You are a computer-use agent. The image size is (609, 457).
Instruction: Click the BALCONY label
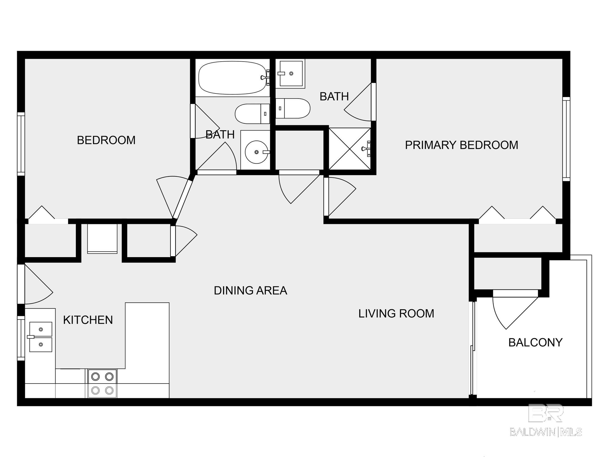(x=535, y=342)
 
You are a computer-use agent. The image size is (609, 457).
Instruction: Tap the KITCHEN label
(x=88, y=320)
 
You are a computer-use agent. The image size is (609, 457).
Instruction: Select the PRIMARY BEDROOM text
(x=462, y=145)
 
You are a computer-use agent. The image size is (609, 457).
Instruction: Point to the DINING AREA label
(x=250, y=290)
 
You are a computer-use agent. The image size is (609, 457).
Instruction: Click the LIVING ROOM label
(x=396, y=313)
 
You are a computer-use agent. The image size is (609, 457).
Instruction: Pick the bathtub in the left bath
(x=233, y=78)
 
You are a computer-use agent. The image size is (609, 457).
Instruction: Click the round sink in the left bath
(x=257, y=152)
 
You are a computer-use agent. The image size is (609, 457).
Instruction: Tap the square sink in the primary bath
(x=290, y=74)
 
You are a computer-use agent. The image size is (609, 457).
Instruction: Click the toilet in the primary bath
(x=293, y=108)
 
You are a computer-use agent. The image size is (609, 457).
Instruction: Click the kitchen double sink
(x=41, y=337)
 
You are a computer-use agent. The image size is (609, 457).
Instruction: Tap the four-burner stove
(x=102, y=383)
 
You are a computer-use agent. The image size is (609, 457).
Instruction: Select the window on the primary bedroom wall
(x=566, y=139)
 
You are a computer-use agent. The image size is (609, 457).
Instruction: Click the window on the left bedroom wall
(x=21, y=144)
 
